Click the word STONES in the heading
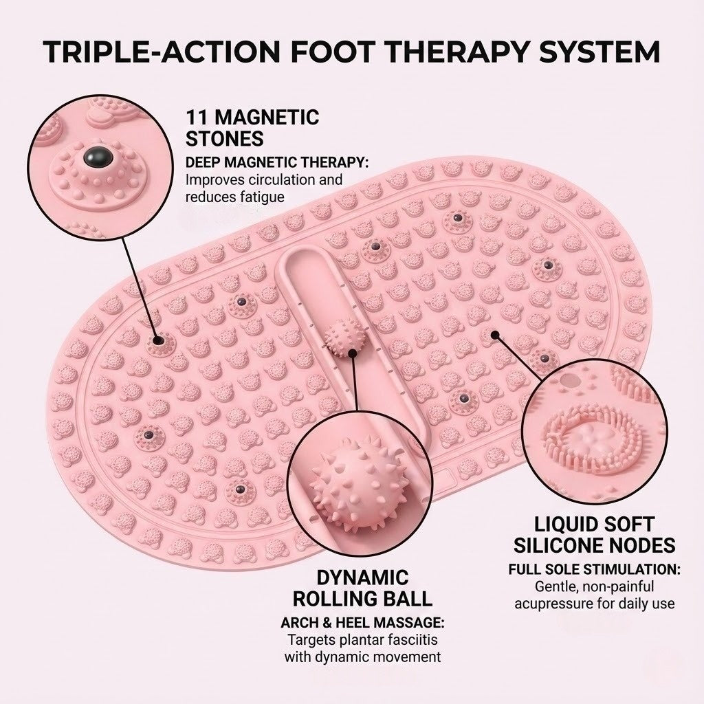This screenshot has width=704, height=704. [225, 139]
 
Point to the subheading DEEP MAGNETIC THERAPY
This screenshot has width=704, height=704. [278, 163]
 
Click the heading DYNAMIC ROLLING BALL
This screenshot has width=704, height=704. [362, 587]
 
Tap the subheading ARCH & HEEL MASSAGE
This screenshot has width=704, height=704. [362, 623]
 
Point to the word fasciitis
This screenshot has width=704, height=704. [411, 640]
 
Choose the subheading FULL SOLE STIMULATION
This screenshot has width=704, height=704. [595, 570]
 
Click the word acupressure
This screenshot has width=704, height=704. [574, 604]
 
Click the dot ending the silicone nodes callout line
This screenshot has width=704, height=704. [494, 335]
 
